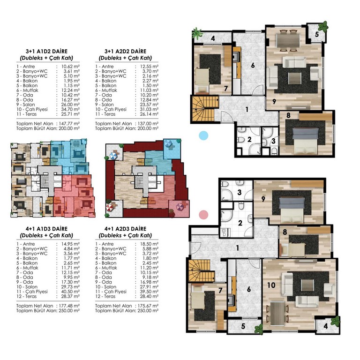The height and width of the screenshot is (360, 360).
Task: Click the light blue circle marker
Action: (203, 135)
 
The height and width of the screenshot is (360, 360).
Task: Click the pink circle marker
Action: (203, 215)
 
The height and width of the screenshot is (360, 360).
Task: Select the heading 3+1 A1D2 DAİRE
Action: (46, 51)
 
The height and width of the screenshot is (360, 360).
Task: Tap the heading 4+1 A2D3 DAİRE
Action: (125, 229)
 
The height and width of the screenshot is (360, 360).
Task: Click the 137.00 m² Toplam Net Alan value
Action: (148, 124)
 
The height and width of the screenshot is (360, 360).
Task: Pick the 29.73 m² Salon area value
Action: (70, 287)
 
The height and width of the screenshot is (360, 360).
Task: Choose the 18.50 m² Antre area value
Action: (149, 244)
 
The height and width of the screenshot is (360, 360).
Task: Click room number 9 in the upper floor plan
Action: (274, 101)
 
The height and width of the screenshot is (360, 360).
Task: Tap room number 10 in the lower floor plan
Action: (271, 285)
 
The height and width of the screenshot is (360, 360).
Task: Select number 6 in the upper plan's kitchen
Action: (253, 66)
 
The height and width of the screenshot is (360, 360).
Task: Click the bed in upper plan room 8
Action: (306, 141)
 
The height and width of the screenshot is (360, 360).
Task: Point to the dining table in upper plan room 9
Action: (288, 40)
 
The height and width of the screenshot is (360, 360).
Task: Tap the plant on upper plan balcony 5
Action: (323, 26)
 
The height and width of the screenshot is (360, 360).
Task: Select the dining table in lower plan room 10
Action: (277, 314)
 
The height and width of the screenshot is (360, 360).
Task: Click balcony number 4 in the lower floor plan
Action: (325, 326)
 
